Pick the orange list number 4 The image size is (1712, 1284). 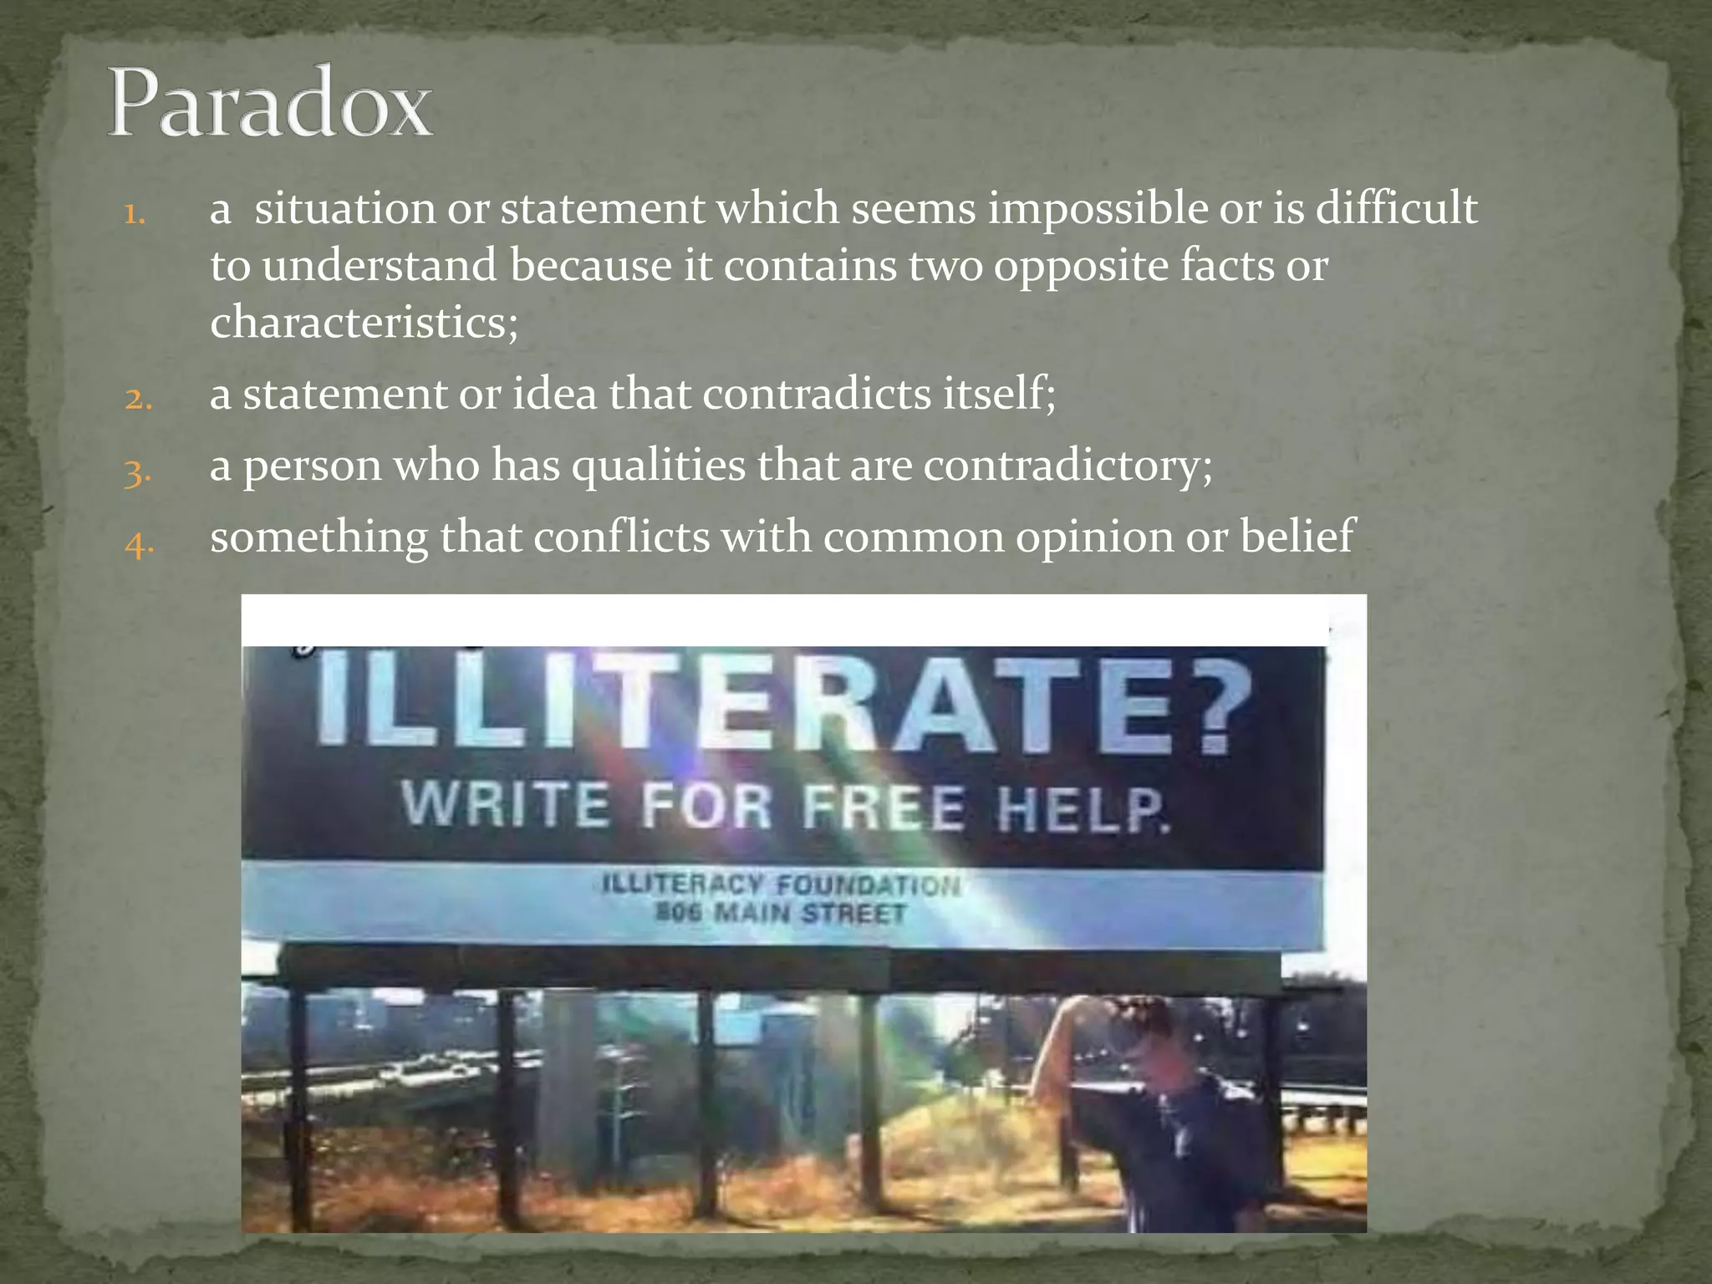coord(138,544)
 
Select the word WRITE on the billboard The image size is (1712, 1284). coord(506,804)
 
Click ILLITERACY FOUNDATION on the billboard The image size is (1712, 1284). coord(781,884)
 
